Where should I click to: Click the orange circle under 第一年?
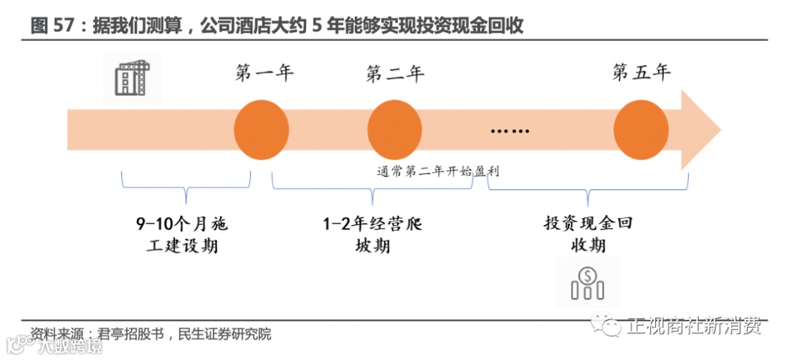coord(262,130)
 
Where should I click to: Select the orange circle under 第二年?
coord(394,130)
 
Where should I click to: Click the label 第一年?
coord(265,74)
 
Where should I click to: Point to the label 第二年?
coord(395,74)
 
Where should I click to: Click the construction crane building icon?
coord(132,77)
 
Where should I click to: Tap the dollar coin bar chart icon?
coord(587,283)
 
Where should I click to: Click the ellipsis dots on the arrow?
coord(510,131)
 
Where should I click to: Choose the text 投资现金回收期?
coord(587,234)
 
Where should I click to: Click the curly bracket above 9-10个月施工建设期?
coord(186,188)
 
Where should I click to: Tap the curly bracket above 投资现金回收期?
coord(587,188)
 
